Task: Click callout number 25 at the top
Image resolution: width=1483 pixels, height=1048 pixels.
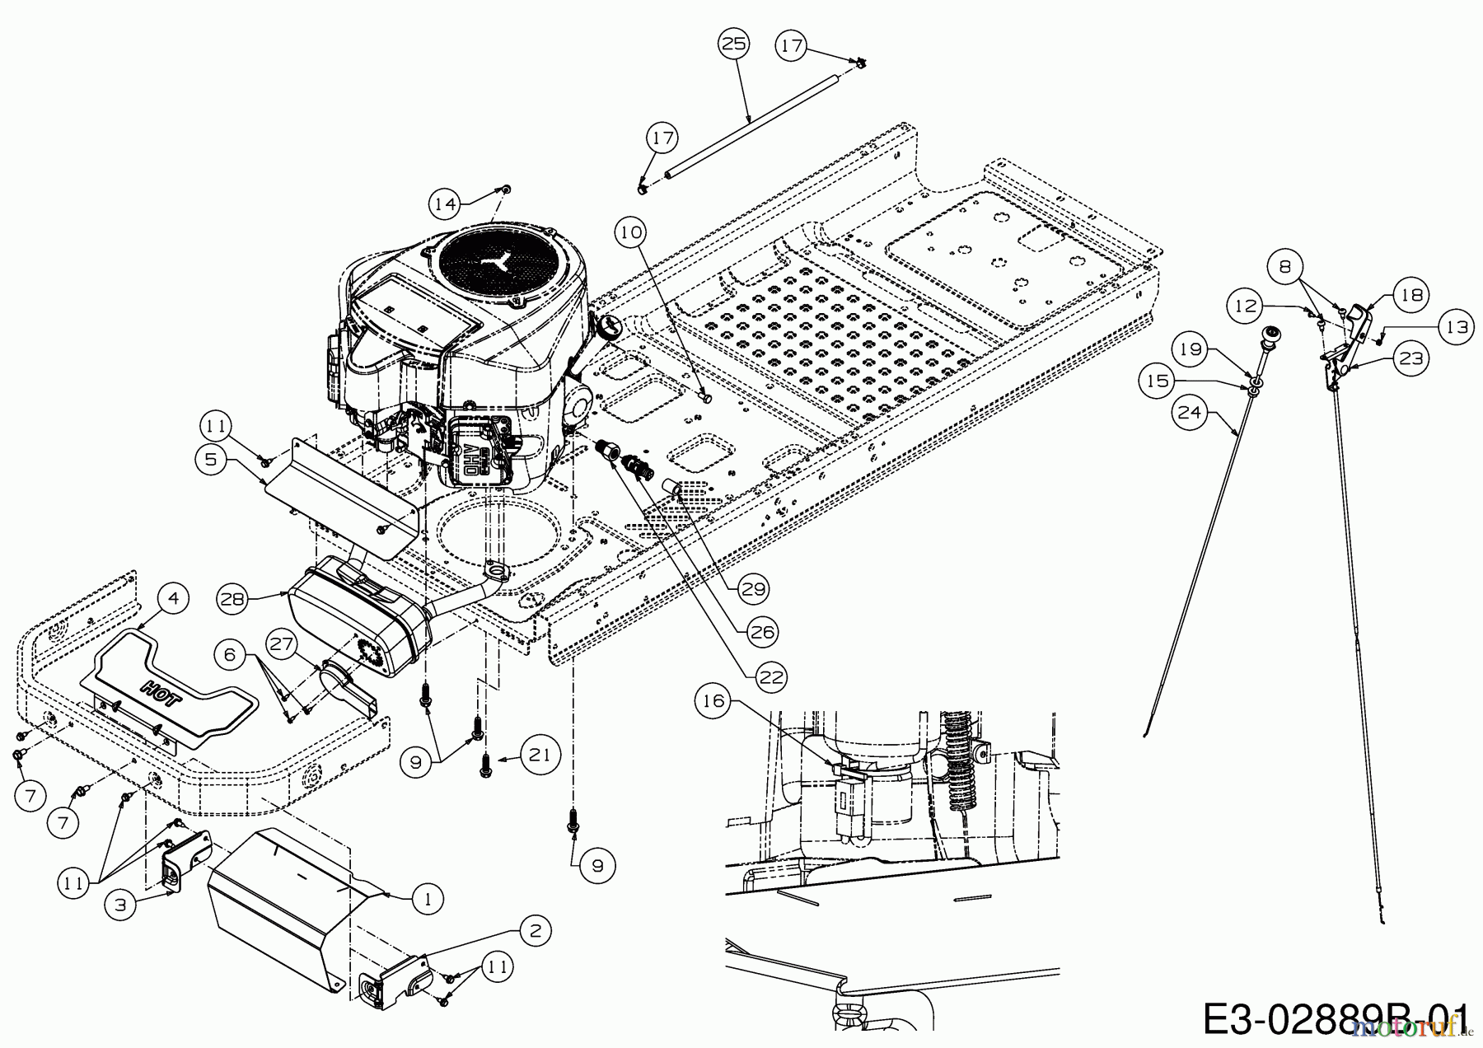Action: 733,44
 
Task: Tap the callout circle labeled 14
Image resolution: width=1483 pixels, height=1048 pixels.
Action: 446,204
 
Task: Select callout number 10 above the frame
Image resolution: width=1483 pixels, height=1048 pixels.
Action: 630,234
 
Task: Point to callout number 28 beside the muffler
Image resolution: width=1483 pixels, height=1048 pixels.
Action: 233,599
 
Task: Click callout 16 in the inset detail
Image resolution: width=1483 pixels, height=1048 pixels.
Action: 714,702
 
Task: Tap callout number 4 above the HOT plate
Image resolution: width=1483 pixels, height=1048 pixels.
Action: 172,599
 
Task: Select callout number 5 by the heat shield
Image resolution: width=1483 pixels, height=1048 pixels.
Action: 212,459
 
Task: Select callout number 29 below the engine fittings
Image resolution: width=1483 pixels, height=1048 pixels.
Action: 754,589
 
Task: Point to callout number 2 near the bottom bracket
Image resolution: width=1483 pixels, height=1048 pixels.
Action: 536,932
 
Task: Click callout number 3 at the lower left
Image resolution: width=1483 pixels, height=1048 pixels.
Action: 121,904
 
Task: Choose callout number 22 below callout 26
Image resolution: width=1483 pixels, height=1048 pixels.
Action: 770,676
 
